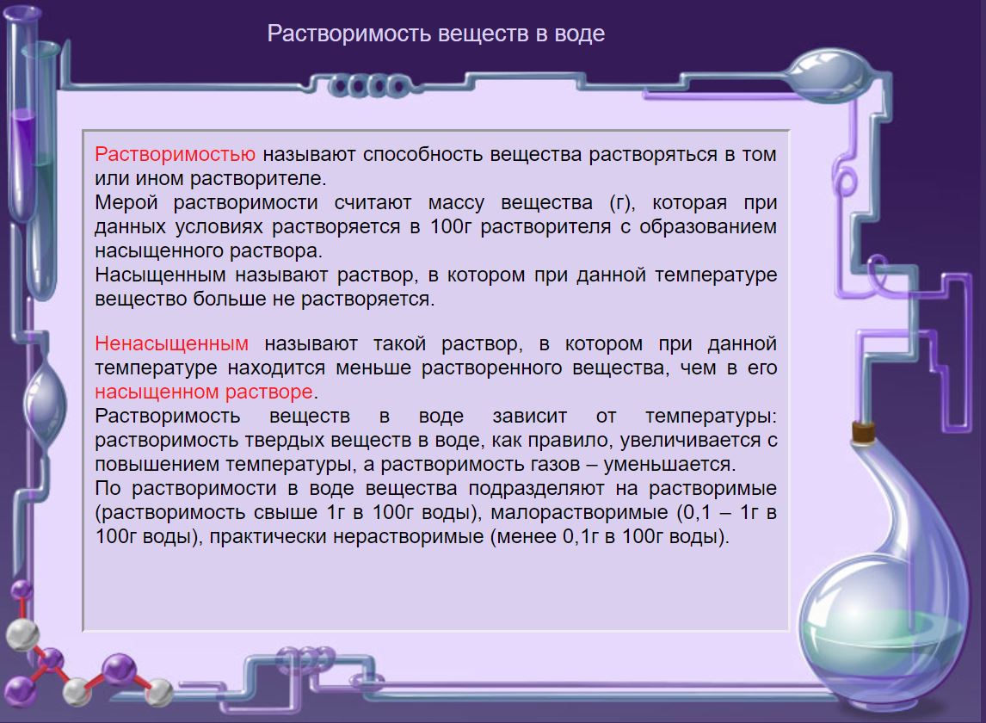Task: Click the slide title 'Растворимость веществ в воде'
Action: click(x=435, y=34)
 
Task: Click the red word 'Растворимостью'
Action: click(x=175, y=154)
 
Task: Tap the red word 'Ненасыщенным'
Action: click(x=172, y=343)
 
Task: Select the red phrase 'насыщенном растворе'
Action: click(x=204, y=392)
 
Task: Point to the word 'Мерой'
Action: click(x=126, y=203)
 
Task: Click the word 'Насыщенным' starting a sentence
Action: click(x=160, y=275)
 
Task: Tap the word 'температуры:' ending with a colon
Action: click(x=712, y=417)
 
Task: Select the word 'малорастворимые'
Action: click(x=579, y=513)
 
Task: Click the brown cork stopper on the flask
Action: click(x=863, y=432)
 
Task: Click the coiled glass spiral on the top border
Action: click(x=368, y=86)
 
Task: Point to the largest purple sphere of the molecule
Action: click(x=120, y=668)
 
